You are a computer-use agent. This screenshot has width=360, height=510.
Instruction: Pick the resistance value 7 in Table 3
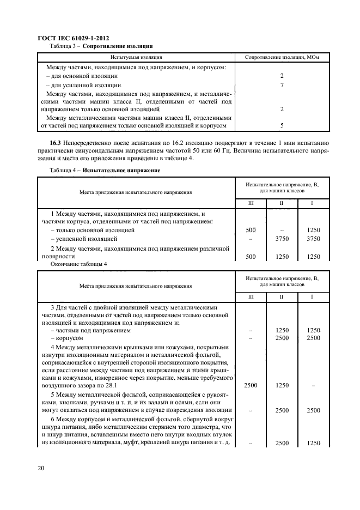point(282,86)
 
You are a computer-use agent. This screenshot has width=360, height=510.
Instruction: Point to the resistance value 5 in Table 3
point(282,125)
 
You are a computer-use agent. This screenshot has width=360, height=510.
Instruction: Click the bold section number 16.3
point(56,142)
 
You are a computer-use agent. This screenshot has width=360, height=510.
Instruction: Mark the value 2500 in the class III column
point(251,385)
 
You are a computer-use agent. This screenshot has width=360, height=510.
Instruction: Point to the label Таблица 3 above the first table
point(63,46)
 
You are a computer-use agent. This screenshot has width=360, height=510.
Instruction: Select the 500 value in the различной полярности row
point(251,256)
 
